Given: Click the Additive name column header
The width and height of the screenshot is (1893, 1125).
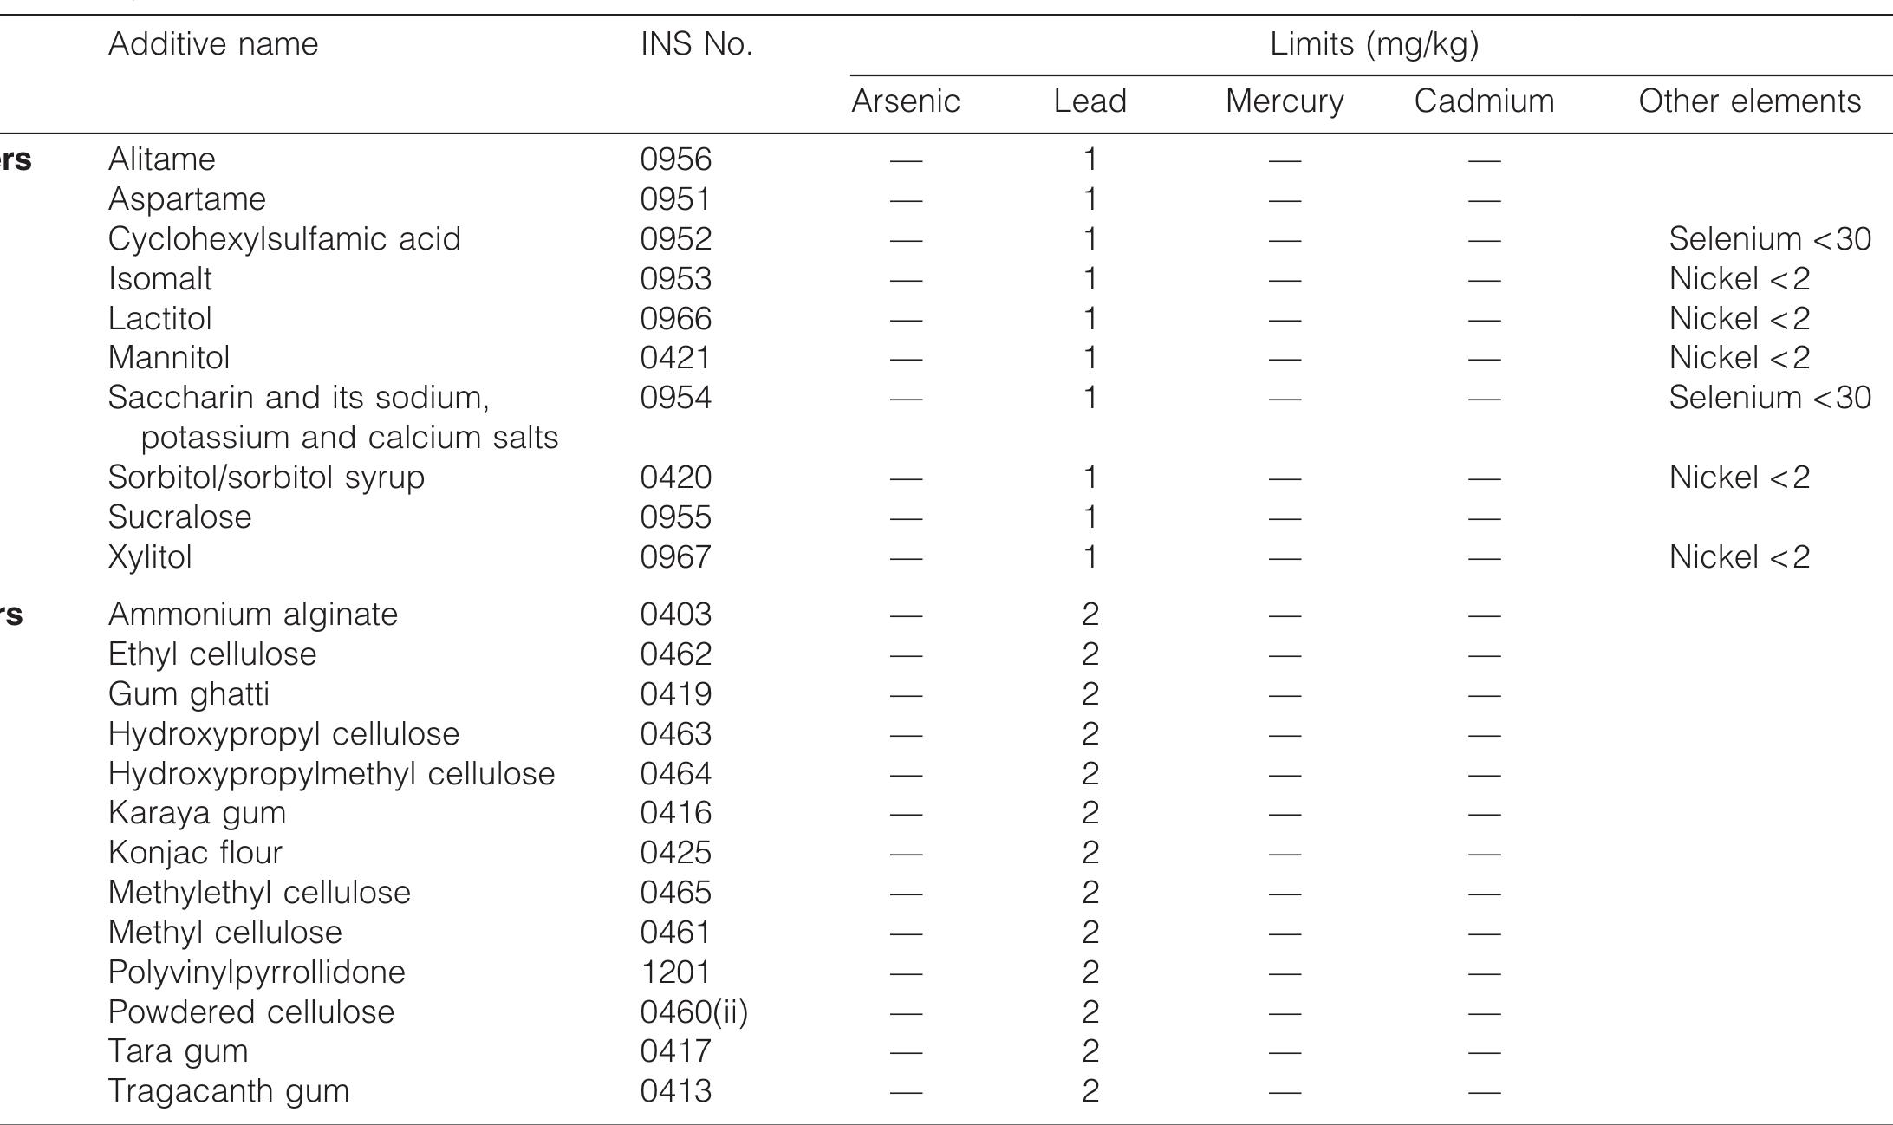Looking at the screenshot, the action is (213, 44).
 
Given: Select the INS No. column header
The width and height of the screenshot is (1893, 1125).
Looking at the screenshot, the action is (696, 44).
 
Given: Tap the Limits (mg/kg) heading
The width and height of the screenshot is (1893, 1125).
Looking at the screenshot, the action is (1374, 44).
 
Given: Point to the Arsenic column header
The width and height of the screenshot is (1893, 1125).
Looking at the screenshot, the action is (906, 101).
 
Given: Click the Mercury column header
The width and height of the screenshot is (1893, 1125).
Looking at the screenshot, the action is (1285, 101).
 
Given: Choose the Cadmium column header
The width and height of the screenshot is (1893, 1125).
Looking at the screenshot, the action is (1484, 101).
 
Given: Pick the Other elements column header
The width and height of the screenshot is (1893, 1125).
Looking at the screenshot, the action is (1749, 101).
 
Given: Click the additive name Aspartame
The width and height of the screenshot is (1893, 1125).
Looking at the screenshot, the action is (187, 199).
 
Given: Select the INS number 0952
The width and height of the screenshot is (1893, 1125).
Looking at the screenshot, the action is (676, 239).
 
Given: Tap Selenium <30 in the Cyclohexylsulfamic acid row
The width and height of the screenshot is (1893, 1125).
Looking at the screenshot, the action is (1770, 239).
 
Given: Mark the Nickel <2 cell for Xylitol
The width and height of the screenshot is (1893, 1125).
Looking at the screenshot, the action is (1740, 557).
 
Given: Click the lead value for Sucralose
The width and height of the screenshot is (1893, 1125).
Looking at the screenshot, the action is (1090, 517).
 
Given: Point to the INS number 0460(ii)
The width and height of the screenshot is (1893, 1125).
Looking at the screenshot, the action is (694, 1012).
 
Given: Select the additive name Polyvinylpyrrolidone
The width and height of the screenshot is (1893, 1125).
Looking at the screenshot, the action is (257, 972).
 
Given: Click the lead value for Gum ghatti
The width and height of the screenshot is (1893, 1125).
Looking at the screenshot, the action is (1090, 694).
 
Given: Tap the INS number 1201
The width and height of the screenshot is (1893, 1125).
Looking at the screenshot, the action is (676, 972).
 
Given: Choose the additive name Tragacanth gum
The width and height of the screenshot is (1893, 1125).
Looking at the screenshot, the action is (229, 1091).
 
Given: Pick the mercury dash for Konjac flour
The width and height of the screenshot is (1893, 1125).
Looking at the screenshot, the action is (1285, 854).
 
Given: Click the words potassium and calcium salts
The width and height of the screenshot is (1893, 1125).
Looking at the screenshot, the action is (349, 438).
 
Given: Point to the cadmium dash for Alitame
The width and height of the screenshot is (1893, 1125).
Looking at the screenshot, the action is (1484, 160).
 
